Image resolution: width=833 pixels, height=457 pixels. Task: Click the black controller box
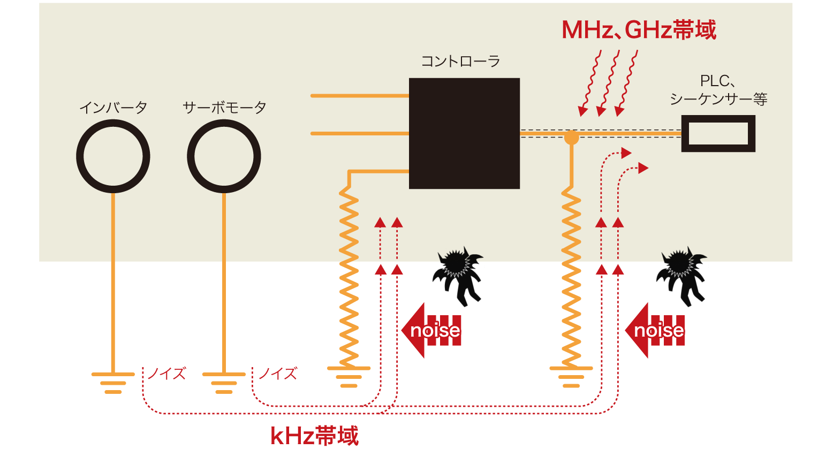[x=464, y=133]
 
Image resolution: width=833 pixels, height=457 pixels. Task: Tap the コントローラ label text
[x=460, y=62]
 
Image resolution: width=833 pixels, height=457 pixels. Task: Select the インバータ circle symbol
[x=113, y=156]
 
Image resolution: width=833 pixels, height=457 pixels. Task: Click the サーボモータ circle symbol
[x=224, y=156]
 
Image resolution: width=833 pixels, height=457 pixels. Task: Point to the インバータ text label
[x=113, y=108]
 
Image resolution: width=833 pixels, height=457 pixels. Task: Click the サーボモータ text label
[x=224, y=108]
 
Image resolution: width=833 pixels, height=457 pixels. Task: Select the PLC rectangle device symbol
[x=718, y=134]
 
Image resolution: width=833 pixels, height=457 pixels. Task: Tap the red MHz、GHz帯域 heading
[x=639, y=30]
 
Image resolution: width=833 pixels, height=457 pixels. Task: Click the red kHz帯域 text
[x=314, y=436]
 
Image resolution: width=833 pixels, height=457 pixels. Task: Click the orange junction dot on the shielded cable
[x=571, y=138]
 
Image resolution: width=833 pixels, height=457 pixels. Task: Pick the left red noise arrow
[x=431, y=330]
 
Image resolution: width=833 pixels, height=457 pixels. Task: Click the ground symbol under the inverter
[x=113, y=382]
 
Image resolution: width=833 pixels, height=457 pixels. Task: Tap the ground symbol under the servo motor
[x=224, y=382]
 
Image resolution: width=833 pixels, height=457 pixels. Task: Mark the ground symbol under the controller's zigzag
[x=349, y=376]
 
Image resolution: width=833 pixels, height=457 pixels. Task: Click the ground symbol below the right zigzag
[x=571, y=376]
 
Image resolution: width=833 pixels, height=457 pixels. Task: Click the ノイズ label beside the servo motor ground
[x=278, y=373]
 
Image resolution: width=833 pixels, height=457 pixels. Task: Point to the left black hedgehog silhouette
[x=459, y=255]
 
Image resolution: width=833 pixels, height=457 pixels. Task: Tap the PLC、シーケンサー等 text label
[x=718, y=90]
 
